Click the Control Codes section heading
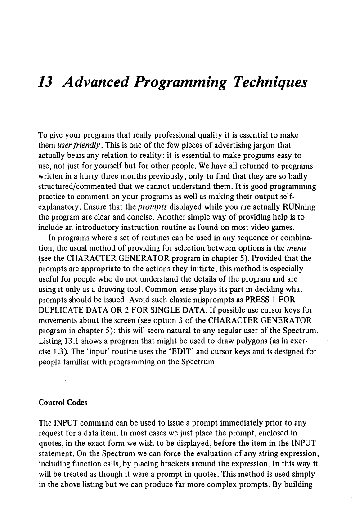(x=63, y=403)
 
